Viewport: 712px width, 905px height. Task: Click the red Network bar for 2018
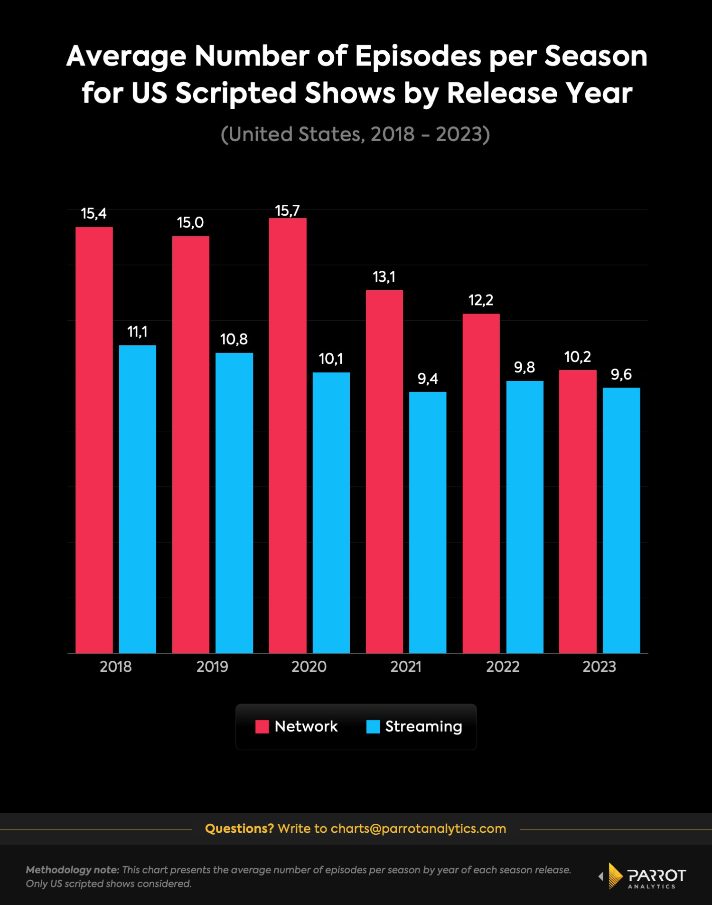pyautogui.click(x=94, y=439)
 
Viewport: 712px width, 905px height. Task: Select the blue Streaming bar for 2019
pyautogui.click(x=234, y=503)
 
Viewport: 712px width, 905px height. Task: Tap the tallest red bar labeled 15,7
pyautogui.click(x=287, y=435)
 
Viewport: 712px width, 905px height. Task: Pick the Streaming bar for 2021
pyautogui.click(x=428, y=522)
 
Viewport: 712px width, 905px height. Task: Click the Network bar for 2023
pyautogui.click(x=578, y=511)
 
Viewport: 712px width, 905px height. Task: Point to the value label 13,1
pyautogui.click(x=384, y=276)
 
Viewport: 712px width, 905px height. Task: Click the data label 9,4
pyautogui.click(x=427, y=379)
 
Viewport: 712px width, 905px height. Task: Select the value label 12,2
pyautogui.click(x=480, y=300)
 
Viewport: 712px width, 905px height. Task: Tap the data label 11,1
pyautogui.click(x=137, y=332)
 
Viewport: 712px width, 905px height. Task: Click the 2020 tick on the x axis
pyautogui.click(x=309, y=667)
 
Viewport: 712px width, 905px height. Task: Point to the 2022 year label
pyautogui.click(x=503, y=667)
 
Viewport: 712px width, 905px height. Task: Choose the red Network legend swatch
pyautogui.click(x=262, y=726)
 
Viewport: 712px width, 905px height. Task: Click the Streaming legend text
pyautogui.click(x=423, y=726)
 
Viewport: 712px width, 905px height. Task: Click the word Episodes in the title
pyautogui.click(x=418, y=56)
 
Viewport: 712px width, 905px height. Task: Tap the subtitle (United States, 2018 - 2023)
pyautogui.click(x=355, y=134)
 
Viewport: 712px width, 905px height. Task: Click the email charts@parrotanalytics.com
pyautogui.click(x=418, y=829)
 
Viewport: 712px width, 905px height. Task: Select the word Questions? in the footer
pyautogui.click(x=239, y=829)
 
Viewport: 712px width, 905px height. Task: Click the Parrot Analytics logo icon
pyautogui.click(x=615, y=876)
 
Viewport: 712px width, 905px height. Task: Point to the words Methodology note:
pyautogui.click(x=72, y=870)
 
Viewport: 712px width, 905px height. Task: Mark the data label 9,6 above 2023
pyautogui.click(x=621, y=375)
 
